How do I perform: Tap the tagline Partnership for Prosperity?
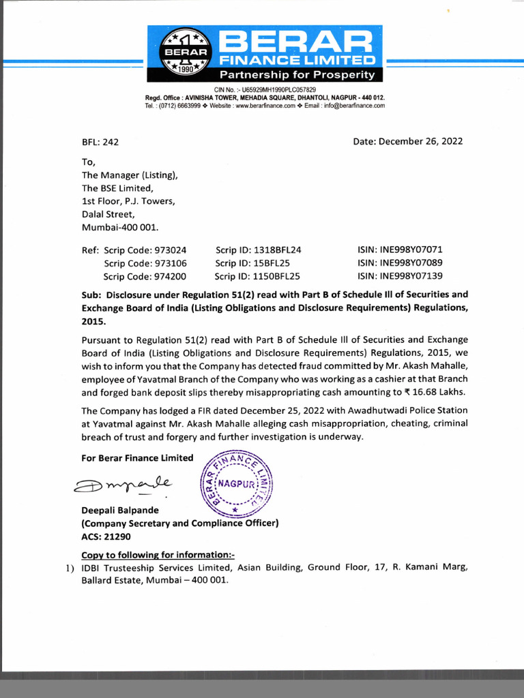point(297,74)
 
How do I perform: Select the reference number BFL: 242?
point(100,142)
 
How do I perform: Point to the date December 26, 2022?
point(408,141)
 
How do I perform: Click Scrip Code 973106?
point(145,263)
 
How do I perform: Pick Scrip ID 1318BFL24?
point(258,250)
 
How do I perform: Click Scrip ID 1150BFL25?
point(257,276)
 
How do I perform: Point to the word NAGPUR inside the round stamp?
point(237,483)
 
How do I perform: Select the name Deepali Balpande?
point(121,511)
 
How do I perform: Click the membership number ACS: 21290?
point(106,536)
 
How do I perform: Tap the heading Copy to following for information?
point(158,554)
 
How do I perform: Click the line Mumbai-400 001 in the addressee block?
point(120,227)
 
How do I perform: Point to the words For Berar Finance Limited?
point(137,458)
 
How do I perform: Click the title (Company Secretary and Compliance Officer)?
point(180,523)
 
